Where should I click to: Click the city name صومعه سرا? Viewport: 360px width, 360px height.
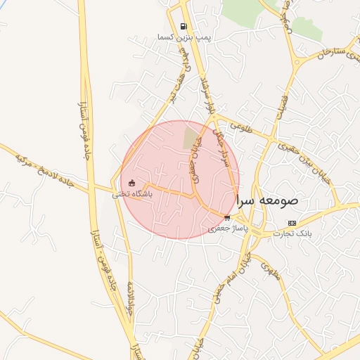(267, 200)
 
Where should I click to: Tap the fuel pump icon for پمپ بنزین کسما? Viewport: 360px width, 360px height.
(184, 26)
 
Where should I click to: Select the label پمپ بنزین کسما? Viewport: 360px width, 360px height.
(184, 37)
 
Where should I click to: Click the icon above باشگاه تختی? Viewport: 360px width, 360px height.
(131, 184)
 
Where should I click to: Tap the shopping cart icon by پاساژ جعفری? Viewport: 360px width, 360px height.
(226, 217)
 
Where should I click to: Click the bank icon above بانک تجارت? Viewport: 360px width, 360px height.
(292, 223)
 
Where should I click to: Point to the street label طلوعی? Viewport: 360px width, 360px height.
(238, 127)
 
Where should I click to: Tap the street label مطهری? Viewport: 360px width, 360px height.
(271, 271)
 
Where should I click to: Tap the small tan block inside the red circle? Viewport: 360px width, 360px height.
(191, 135)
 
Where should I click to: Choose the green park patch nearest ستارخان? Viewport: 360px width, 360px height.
(307, 28)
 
